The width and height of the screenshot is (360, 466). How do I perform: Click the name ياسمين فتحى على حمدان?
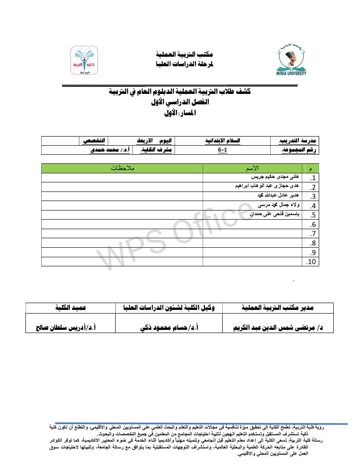coord(275,215)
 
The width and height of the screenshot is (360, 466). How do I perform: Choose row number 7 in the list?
coord(312,234)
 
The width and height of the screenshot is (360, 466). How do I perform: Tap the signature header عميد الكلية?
coord(70,308)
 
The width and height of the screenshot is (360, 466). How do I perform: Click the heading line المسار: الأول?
coord(179,113)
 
